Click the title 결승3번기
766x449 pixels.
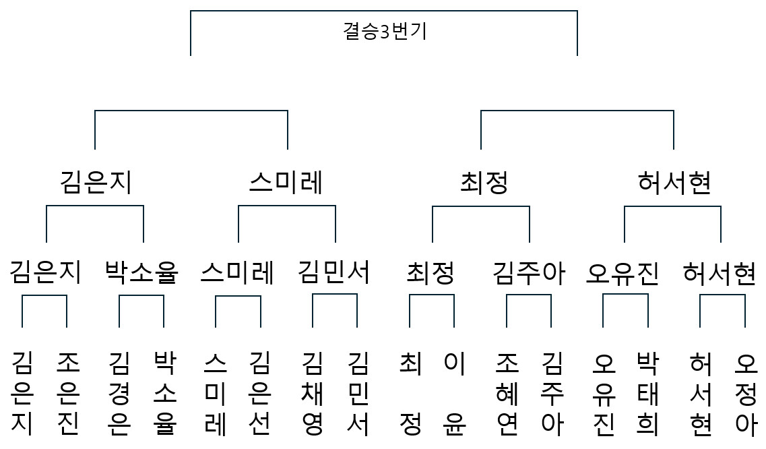tap(385, 31)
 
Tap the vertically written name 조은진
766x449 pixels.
tap(68, 393)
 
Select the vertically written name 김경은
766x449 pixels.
tap(119, 393)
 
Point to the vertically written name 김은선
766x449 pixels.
tap(259, 393)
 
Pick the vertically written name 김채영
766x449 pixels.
tap(312, 393)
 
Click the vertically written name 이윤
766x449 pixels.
tap(455, 393)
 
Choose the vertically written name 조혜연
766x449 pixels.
tap(507, 393)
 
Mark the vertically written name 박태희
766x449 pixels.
tap(648, 393)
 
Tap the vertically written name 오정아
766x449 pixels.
tap(746, 393)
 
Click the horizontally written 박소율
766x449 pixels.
tap(141, 272)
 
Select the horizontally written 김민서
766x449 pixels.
tap(334, 272)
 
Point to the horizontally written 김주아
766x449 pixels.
tap(529, 273)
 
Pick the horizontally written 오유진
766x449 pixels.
tap(623, 273)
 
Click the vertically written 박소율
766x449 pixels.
tap(164, 393)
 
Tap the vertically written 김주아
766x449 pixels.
tap(552, 393)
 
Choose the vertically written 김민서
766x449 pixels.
tap(358, 393)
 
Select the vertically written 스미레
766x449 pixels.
tap(215, 393)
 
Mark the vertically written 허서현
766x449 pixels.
tap(701, 393)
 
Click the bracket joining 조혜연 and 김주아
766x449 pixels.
tap(529, 295)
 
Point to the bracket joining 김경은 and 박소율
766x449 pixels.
tap(141, 295)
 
